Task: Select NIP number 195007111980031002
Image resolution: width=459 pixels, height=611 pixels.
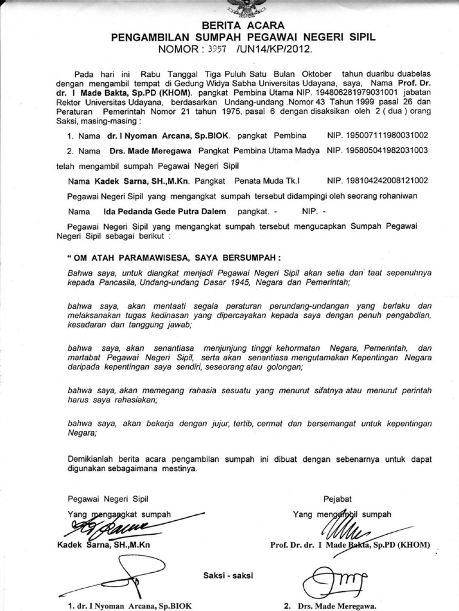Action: tap(378, 136)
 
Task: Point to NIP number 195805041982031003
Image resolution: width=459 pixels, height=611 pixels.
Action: tap(378, 151)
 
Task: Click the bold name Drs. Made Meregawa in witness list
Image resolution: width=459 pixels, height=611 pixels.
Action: tap(151, 151)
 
